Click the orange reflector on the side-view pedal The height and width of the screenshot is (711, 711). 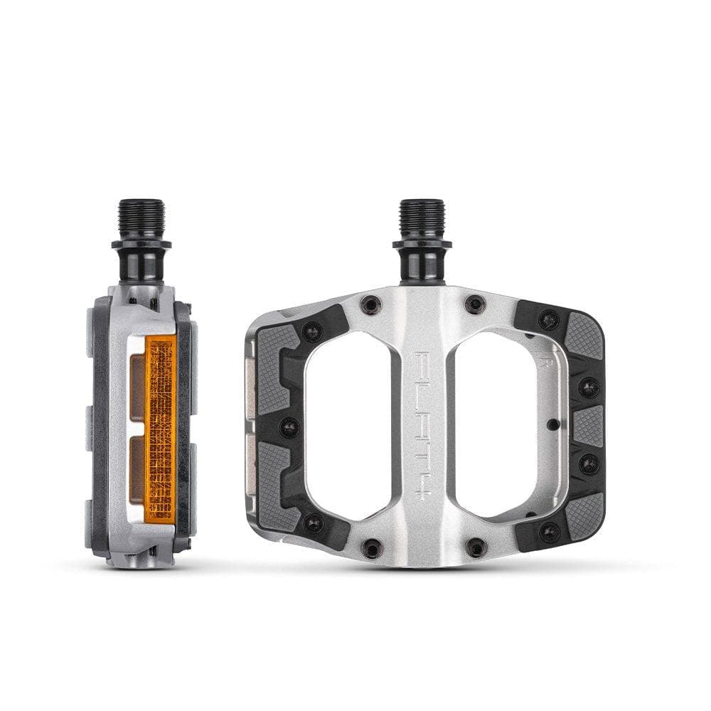pyautogui.click(x=160, y=427)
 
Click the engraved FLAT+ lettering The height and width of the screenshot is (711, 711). pyautogui.click(x=422, y=427)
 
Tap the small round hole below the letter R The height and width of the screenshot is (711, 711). pyautogui.click(x=553, y=425)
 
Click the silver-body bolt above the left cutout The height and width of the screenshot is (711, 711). pyautogui.click(x=370, y=305)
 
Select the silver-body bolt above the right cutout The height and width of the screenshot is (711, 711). pyautogui.click(x=474, y=305)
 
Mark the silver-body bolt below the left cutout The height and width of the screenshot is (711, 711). pyautogui.click(x=370, y=547)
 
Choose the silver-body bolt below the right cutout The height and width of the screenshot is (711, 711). pyautogui.click(x=475, y=547)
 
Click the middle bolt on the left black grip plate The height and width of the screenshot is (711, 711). pyautogui.click(x=289, y=427)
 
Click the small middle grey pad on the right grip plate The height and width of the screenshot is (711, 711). pyautogui.click(x=587, y=427)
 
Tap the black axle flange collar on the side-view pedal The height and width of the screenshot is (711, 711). pyautogui.click(x=141, y=246)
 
